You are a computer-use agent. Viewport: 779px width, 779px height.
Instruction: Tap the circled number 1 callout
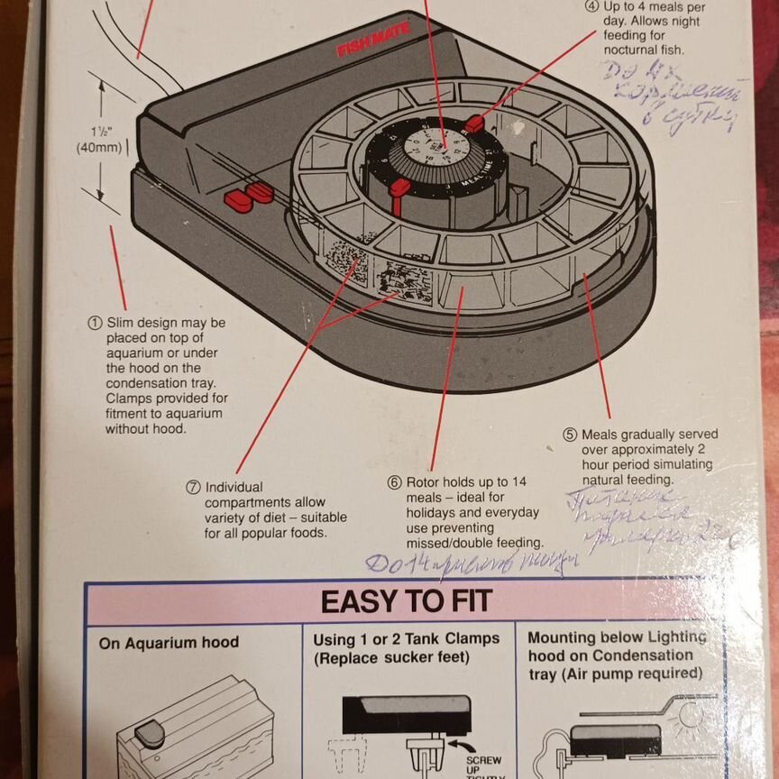tap(94, 322)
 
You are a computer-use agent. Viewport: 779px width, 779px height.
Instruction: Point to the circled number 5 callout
tap(570, 434)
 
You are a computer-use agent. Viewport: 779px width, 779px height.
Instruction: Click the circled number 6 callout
tap(394, 482)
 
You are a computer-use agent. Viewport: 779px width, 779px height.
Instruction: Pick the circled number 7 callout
tap(193, 487)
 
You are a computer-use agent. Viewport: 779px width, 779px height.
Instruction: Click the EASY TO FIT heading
tap(406, 600)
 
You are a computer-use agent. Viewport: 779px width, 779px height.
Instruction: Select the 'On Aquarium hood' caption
tap(169, 643)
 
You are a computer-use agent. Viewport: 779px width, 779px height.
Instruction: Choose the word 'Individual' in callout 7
tap(235, 487)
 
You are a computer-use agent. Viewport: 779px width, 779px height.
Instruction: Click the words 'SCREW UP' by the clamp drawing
tap(483, 765)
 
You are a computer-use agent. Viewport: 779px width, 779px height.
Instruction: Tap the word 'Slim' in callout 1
tap(122, 322)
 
